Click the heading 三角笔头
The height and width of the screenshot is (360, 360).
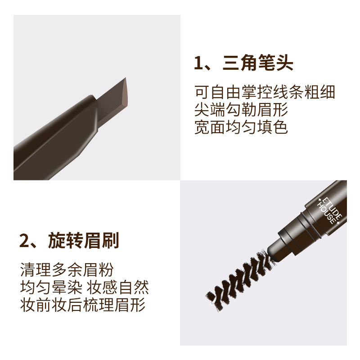tap(258, 63)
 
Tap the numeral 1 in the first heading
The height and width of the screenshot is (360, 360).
tap(198, 63)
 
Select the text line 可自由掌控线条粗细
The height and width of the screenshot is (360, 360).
tap(265, 92)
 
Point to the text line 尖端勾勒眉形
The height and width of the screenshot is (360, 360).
tap(241, 109)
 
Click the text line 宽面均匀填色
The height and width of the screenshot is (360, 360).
tap(241, 127)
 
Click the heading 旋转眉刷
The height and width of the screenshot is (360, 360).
tap(84, 241)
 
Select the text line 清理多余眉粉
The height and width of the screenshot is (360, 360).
tap(67, 270)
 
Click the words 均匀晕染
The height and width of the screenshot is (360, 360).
tap(51, 287)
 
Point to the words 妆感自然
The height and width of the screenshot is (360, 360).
tap(118, 287)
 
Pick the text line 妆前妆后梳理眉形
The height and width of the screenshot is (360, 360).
tap(83, 305)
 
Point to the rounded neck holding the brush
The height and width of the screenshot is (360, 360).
tap(279, 250)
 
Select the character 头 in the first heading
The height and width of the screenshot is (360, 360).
tap(285, 63)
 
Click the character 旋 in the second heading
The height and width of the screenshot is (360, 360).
tap(57, 241)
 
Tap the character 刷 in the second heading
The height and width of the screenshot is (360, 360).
tap(111, 241)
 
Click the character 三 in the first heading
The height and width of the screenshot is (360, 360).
tap(231, 63)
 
